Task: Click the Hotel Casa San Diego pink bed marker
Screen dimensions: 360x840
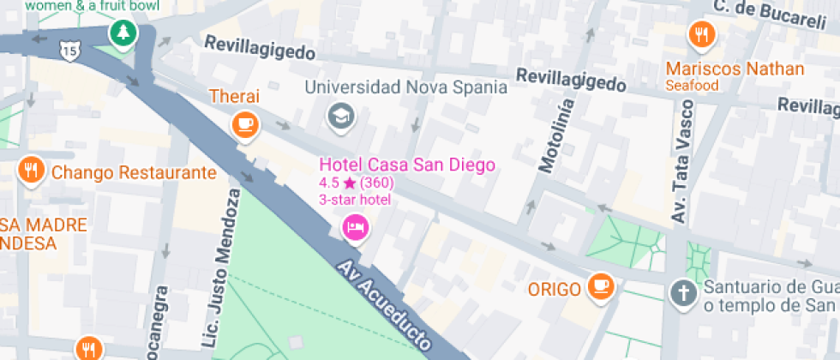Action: [x=355, y=227]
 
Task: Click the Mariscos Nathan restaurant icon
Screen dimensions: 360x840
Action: [x=702, y=34]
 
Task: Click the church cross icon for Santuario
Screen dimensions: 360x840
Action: [x=683, y=292]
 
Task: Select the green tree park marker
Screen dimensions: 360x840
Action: [x=124, y=33]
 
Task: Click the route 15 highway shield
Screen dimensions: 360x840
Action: [x=68, y=52]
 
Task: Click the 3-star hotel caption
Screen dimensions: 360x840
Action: [x=354, y=201]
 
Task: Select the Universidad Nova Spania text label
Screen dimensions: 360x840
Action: [x=405, y=87]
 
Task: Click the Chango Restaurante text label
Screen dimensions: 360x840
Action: [x=134, y=173]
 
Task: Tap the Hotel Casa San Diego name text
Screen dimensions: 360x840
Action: [x=407, y=165]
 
